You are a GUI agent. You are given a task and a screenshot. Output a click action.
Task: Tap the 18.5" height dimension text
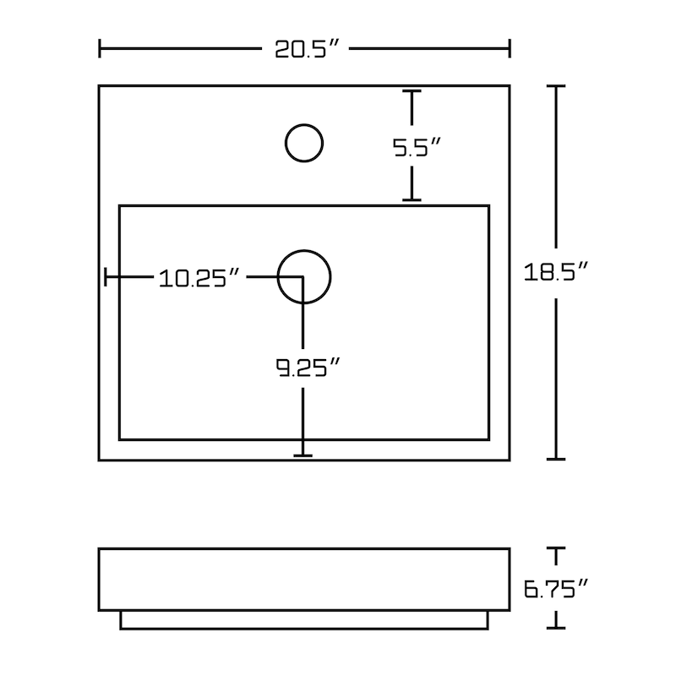(x=556, y=273)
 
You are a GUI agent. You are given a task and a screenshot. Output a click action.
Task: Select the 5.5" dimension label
(x=417, y=149)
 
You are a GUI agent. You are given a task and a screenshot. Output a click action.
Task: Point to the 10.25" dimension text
(x=201, y=278)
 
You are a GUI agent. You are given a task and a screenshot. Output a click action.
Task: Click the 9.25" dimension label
(x=308, y=368)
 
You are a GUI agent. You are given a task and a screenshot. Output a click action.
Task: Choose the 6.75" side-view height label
(x=555, y=588)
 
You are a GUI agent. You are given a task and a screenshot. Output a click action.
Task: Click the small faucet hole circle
(x=304, y=143)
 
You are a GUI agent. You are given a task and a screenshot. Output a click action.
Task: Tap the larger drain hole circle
(x=304, y=277)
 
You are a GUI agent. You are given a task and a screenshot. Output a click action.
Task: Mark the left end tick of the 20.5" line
(x=101, y=48)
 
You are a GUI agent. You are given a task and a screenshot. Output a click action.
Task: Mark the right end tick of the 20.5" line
(x=510, y=48)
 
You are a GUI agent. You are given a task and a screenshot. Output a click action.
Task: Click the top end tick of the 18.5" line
(x=555, y=86)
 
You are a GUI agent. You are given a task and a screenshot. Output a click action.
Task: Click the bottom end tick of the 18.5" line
(x=555, y=459)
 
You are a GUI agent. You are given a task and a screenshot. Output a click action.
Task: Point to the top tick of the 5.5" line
(x=412, y=91)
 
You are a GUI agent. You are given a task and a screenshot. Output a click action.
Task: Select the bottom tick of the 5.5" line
(x=412, y=200)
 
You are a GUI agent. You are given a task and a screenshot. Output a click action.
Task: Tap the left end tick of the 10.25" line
(x=106, y=277)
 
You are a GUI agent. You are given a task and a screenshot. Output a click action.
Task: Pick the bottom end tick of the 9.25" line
(x=303, y=455)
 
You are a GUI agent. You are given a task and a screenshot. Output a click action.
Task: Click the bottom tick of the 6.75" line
(x=555, y=628)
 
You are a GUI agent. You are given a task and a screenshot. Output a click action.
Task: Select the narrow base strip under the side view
(x=304, y=621)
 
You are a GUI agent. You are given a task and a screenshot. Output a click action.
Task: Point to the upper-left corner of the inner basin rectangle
(x=120, y=205)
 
